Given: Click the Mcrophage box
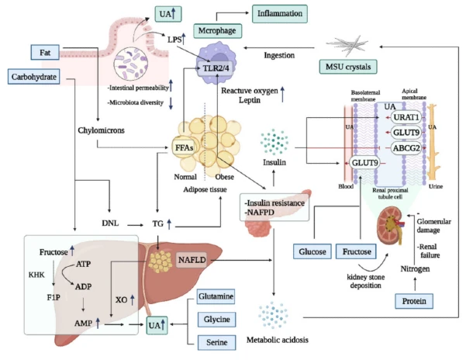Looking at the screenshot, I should coord(217,30).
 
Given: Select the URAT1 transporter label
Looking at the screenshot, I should coord(406,117).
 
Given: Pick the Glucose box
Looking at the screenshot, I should coord(312,251).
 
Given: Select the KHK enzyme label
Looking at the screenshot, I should coord(37,274).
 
